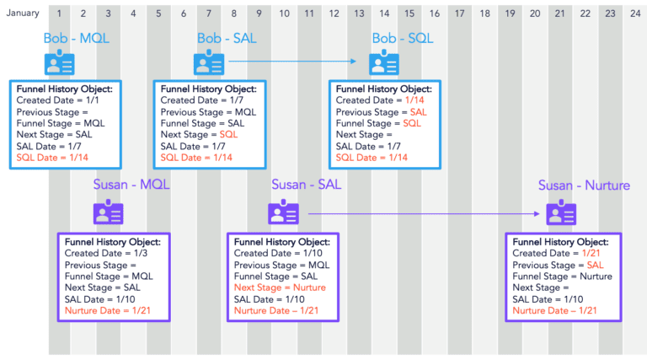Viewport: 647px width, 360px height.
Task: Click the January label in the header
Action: pos(23,13)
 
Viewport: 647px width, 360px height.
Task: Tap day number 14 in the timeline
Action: pos(384,13)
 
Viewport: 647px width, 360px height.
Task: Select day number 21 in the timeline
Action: pos(559,13)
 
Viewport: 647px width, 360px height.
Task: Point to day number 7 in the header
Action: pos(209,13)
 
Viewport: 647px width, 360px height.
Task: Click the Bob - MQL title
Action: pos(77,39)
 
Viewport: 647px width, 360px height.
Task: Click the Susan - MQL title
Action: pos(131,185)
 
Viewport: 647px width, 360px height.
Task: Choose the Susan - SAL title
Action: pos(306,185)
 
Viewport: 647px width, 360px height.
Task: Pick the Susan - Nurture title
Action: pos(584,185)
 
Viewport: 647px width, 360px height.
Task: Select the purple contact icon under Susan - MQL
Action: pos(109,212)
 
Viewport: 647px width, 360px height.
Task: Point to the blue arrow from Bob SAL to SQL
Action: pos(295,62)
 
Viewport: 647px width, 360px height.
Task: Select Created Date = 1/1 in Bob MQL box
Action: pos(52,100)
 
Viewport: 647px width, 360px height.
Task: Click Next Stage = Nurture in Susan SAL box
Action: pos(279,287)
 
